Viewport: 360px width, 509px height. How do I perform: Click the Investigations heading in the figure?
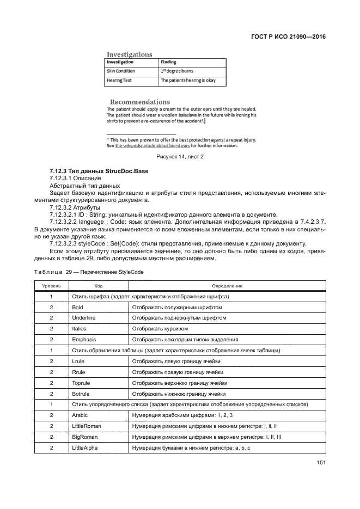[129, 54]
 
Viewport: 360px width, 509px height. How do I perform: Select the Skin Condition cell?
[121, 71]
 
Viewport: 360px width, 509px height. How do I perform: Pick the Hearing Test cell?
[119, 81]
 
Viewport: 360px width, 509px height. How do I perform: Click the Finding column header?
[168, 62]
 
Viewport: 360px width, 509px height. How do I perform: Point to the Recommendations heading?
[140, 102]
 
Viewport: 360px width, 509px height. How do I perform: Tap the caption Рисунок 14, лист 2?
[180, 157]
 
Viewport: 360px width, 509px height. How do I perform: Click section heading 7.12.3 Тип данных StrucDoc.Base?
[99, 171]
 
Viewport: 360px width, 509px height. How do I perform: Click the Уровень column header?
[51, 286]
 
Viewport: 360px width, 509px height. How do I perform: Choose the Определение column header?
[227, 286]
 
